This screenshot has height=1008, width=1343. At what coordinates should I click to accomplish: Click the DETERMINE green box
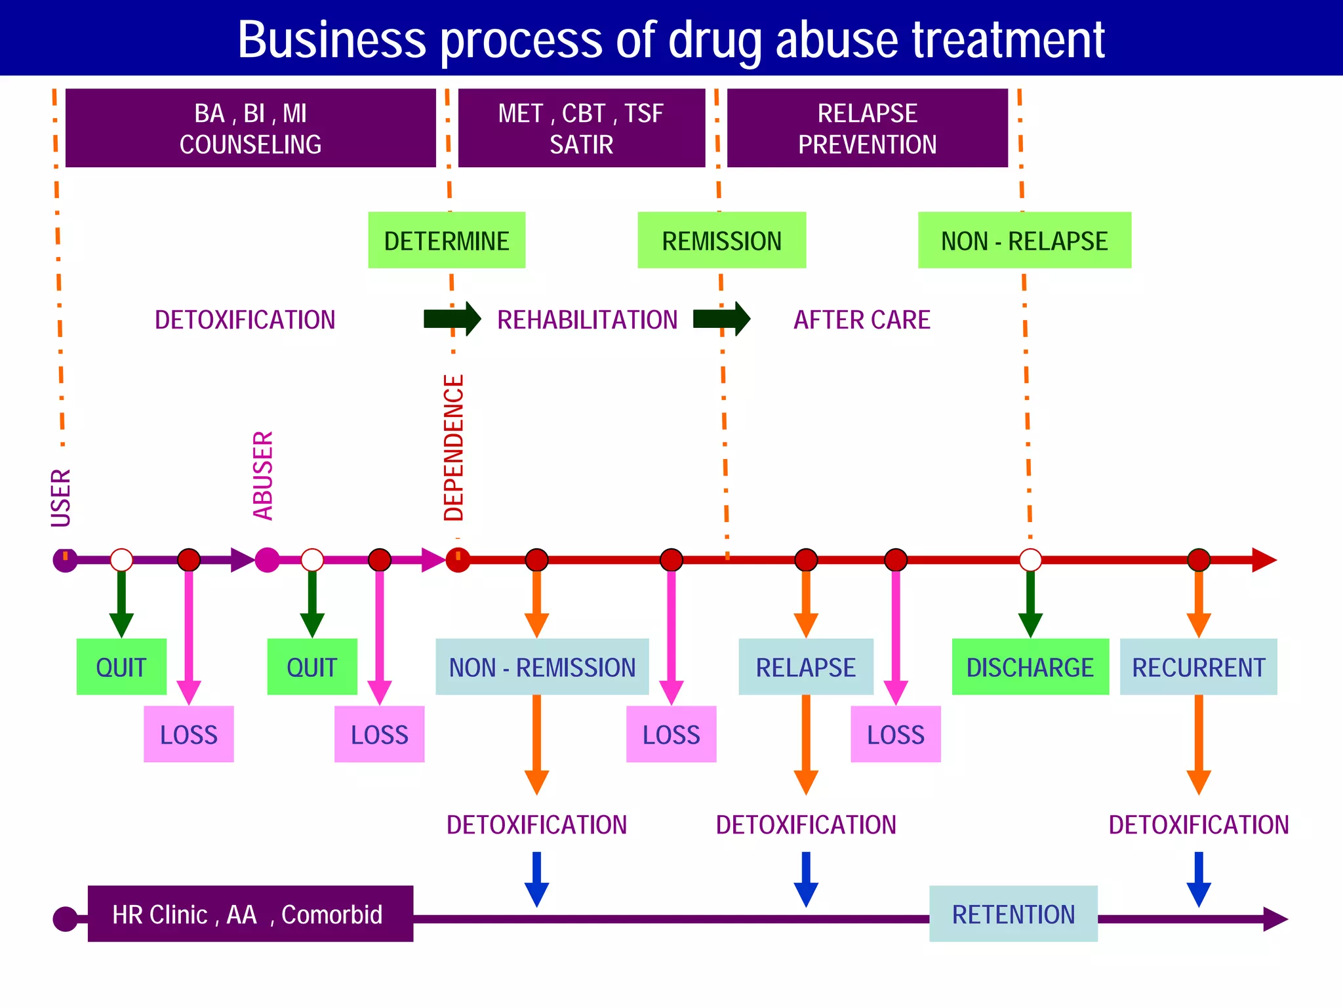tap(447, 240)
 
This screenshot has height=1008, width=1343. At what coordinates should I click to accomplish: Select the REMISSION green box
tap(721, 240)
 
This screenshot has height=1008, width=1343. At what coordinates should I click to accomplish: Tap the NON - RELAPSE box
tap(1024, 240)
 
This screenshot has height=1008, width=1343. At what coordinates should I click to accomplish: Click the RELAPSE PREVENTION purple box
tap(867, 128)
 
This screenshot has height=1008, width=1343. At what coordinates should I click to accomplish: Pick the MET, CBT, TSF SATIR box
tap(581, 128)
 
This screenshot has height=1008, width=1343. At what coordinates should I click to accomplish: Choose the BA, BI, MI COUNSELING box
tap(251, 128)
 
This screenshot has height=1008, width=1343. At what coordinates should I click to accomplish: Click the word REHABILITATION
tap(587, 320)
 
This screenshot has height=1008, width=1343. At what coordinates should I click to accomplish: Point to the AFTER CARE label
tap(862, 320)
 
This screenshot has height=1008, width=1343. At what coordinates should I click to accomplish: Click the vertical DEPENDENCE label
tap(454, 448)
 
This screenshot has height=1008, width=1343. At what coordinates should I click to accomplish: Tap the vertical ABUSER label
tap(263, 475)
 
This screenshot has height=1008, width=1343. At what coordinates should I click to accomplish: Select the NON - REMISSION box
tap(542, 667)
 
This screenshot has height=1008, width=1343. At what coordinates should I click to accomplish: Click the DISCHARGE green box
tap(1030, 667)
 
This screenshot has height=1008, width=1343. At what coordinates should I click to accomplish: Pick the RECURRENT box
tap(1198, 667)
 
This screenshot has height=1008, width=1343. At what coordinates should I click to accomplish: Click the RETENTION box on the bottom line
tap(1013, 914)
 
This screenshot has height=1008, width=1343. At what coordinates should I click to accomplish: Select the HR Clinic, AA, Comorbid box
tap(250, 914)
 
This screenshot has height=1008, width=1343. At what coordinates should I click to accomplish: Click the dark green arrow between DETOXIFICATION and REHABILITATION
tap(452, 319)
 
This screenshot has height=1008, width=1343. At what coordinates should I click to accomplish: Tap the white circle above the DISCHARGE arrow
tap(1030, 560)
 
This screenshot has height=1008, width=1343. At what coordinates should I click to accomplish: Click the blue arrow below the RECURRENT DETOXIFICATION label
tap(1198, 879)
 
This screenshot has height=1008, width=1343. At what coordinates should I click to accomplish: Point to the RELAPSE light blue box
tap(805, 667)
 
